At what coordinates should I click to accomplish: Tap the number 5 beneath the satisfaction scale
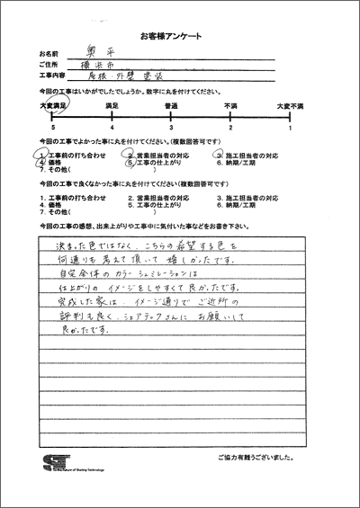[x=53, y=129]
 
